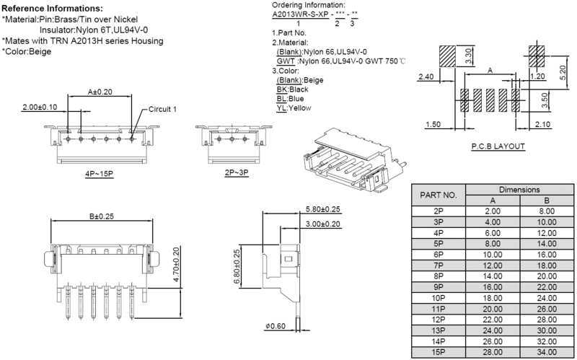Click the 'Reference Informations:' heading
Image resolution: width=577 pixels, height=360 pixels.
click(52, 9)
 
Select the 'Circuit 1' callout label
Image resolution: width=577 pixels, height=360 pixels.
click(163, 109)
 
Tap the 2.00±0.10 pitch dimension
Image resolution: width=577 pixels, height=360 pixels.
click(40, 107)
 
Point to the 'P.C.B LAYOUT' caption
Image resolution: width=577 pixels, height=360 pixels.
click(498, 146)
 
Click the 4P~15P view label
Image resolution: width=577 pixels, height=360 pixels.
click(100, 173)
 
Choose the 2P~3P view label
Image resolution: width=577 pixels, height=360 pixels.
click(237, 172)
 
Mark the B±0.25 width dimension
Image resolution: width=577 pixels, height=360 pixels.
click(102, 216)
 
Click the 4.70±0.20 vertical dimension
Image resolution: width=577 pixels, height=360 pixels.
click(176, 264)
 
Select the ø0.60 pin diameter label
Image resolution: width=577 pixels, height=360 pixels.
click(276, 326)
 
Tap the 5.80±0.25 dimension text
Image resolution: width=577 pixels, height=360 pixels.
click(323, 209)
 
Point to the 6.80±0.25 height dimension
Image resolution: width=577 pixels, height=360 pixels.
click(237, 266)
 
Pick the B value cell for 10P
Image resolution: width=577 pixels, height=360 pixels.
click(547, 298)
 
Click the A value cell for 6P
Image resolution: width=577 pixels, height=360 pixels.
click(493, 255)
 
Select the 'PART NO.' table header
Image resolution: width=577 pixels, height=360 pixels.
click(439, 195)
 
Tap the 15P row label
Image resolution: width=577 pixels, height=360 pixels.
click(439, 352)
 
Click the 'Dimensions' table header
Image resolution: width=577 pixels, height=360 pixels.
click(519, 190)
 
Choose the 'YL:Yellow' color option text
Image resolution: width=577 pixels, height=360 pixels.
click(294, 107)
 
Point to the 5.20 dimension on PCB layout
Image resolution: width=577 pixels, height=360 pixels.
click(563, 72)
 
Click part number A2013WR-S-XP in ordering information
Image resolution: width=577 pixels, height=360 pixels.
click(300, 14)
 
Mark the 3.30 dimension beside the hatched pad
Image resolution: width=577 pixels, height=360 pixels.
click(468, 56)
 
